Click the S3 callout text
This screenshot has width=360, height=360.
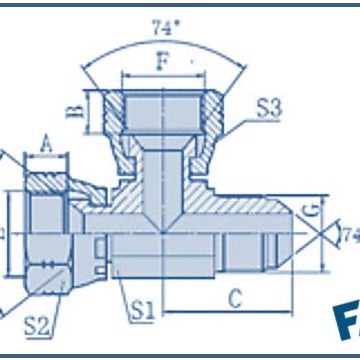269,108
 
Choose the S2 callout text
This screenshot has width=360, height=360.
37,322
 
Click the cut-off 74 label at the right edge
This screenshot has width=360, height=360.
350,237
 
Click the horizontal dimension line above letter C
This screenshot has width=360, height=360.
230,311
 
